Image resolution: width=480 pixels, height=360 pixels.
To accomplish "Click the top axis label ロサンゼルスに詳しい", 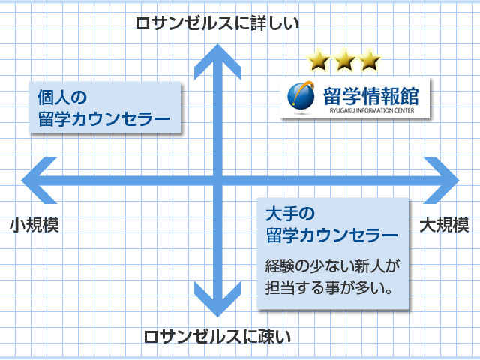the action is click(x=217, y=23).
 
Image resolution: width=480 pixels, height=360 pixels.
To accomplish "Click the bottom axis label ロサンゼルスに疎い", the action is click(x=217, y=337).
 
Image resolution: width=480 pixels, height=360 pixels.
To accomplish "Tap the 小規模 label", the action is click(x=34, y=225).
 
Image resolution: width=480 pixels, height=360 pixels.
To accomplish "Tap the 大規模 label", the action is click(x=444, y=225).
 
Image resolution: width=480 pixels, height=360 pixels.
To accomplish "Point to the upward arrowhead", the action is click(x=217, y=61).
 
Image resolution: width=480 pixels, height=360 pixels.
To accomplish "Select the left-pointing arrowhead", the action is click(x=38, y=181).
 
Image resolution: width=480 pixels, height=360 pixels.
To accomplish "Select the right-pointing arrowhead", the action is click(x=442, y=181).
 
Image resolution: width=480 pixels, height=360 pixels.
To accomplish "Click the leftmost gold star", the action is click(x=318, y=60).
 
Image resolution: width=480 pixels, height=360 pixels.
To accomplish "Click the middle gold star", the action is click(x=344, y=60).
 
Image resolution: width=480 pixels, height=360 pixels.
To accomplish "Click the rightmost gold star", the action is click(x=370, y=60).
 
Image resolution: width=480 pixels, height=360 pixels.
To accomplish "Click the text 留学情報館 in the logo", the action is click(x=371, y=96).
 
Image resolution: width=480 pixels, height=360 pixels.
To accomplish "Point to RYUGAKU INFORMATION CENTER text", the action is click(x=372, y=110).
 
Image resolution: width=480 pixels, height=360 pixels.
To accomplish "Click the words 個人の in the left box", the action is click(x=62, y=97).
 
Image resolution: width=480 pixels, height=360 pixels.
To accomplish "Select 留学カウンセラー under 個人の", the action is click(x=103, y=119).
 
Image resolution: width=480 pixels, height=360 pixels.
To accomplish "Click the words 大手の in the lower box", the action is click(x=290, y=214).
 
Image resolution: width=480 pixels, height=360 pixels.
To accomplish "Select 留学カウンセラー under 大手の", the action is click(x=331, y=235).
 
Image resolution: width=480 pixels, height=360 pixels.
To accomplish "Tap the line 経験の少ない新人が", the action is click(x=332, y=266).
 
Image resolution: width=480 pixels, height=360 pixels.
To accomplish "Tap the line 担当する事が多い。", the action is click(x=328, y=287).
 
